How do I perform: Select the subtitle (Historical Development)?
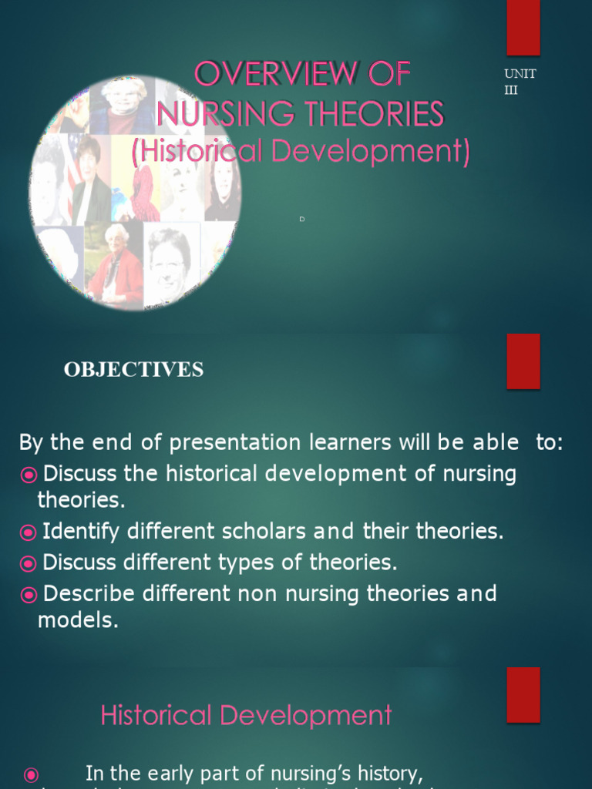[301, 151]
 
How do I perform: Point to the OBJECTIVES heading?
[133, 370]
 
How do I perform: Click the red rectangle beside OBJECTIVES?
[523, 361]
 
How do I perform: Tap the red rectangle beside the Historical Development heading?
[523, 695]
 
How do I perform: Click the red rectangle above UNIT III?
[523, 27]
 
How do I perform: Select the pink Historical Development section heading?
[246, 715]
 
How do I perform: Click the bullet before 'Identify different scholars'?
[29, 532]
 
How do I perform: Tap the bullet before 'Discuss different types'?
[29, 563]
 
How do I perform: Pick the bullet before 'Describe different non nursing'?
[29, 595]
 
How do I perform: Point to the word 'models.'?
[78, 621]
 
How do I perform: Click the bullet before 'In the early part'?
[31, 774]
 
